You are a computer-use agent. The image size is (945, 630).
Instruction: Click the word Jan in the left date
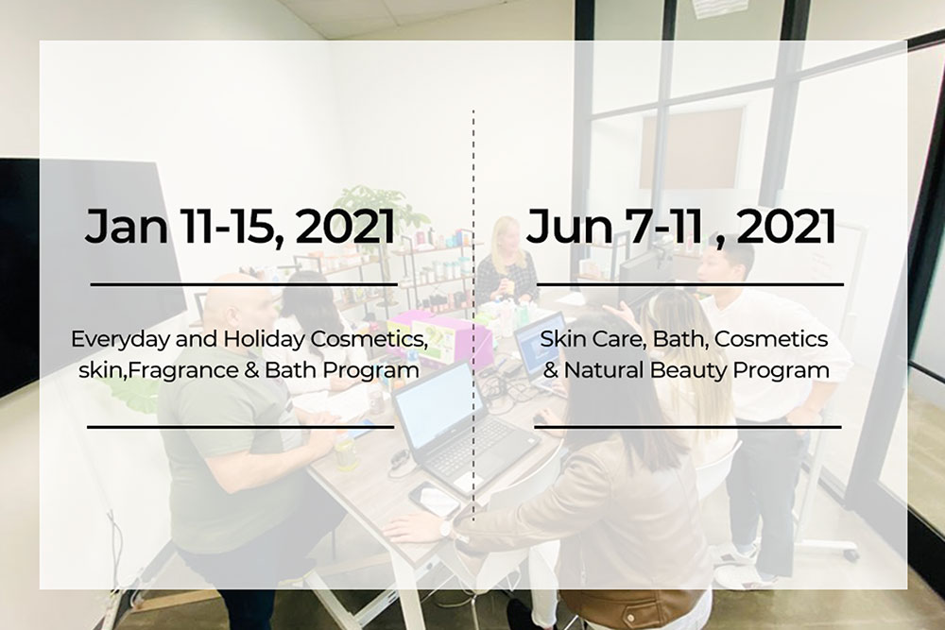126,227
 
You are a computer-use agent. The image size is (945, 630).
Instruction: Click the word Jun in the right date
569,227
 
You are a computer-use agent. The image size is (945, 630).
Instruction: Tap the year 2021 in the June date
786,227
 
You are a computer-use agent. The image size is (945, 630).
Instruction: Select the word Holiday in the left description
264,339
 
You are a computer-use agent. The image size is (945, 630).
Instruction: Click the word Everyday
121,340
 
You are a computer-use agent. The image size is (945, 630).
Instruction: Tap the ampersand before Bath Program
251,370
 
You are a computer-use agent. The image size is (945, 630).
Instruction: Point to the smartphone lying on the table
434,500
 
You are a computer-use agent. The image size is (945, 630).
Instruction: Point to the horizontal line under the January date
244,284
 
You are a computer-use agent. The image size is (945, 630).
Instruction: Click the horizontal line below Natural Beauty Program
688,427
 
